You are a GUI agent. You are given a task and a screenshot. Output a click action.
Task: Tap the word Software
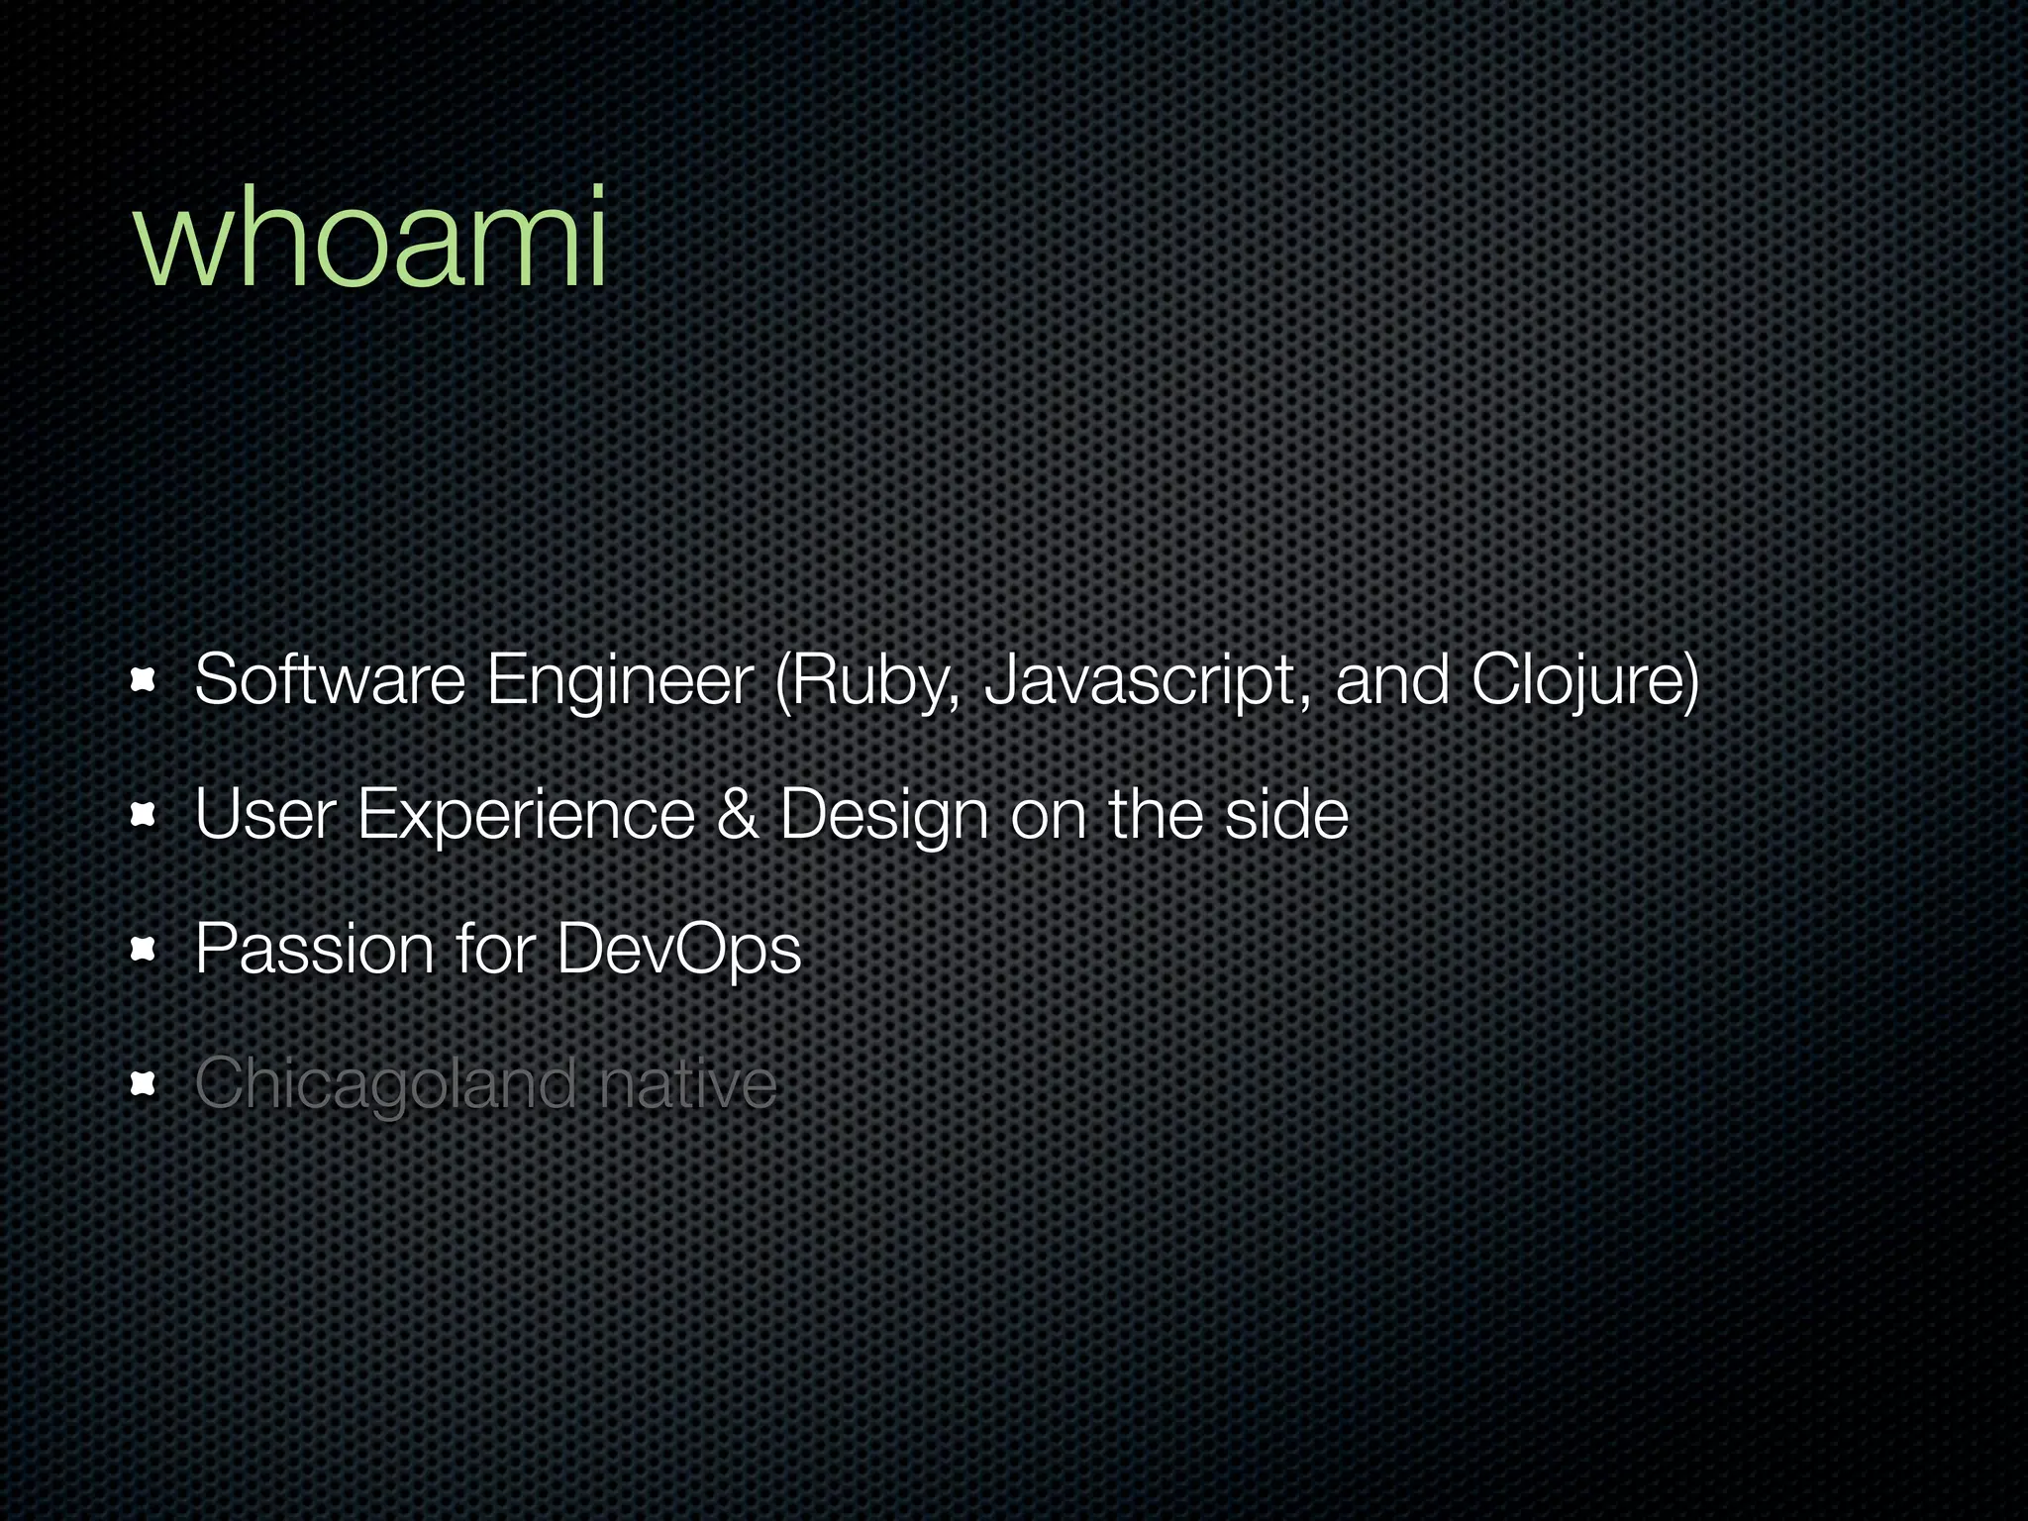pyautogui.click(x=330, y=680)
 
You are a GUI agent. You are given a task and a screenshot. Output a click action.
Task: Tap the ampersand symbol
pyautogui.click(x=737, y=815)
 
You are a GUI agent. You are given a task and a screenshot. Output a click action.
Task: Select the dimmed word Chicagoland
pyautogui.click(x=385, y=1085)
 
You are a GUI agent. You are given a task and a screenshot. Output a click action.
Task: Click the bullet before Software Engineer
pyautogui.click(x=144, y=680)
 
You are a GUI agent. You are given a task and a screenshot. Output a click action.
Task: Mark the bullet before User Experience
pyautogui.click(x=144, y=815)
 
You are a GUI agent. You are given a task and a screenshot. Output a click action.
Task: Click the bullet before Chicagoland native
pyautogui.click(x=144, y=1085)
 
